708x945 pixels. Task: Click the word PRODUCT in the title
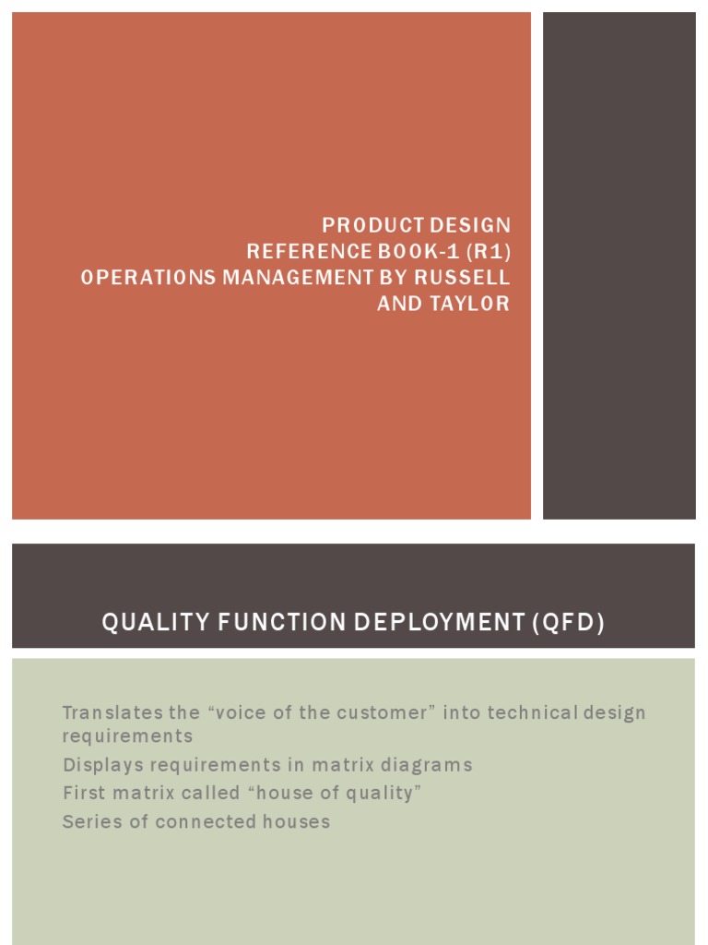coord(360,225)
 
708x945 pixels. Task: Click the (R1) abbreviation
coord(487,252)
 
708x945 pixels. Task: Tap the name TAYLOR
coord(471,305)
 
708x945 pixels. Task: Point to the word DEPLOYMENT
coord(419,624)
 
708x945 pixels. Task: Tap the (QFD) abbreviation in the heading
coord(568,624)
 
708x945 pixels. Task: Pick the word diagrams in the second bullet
coord(429,765)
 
